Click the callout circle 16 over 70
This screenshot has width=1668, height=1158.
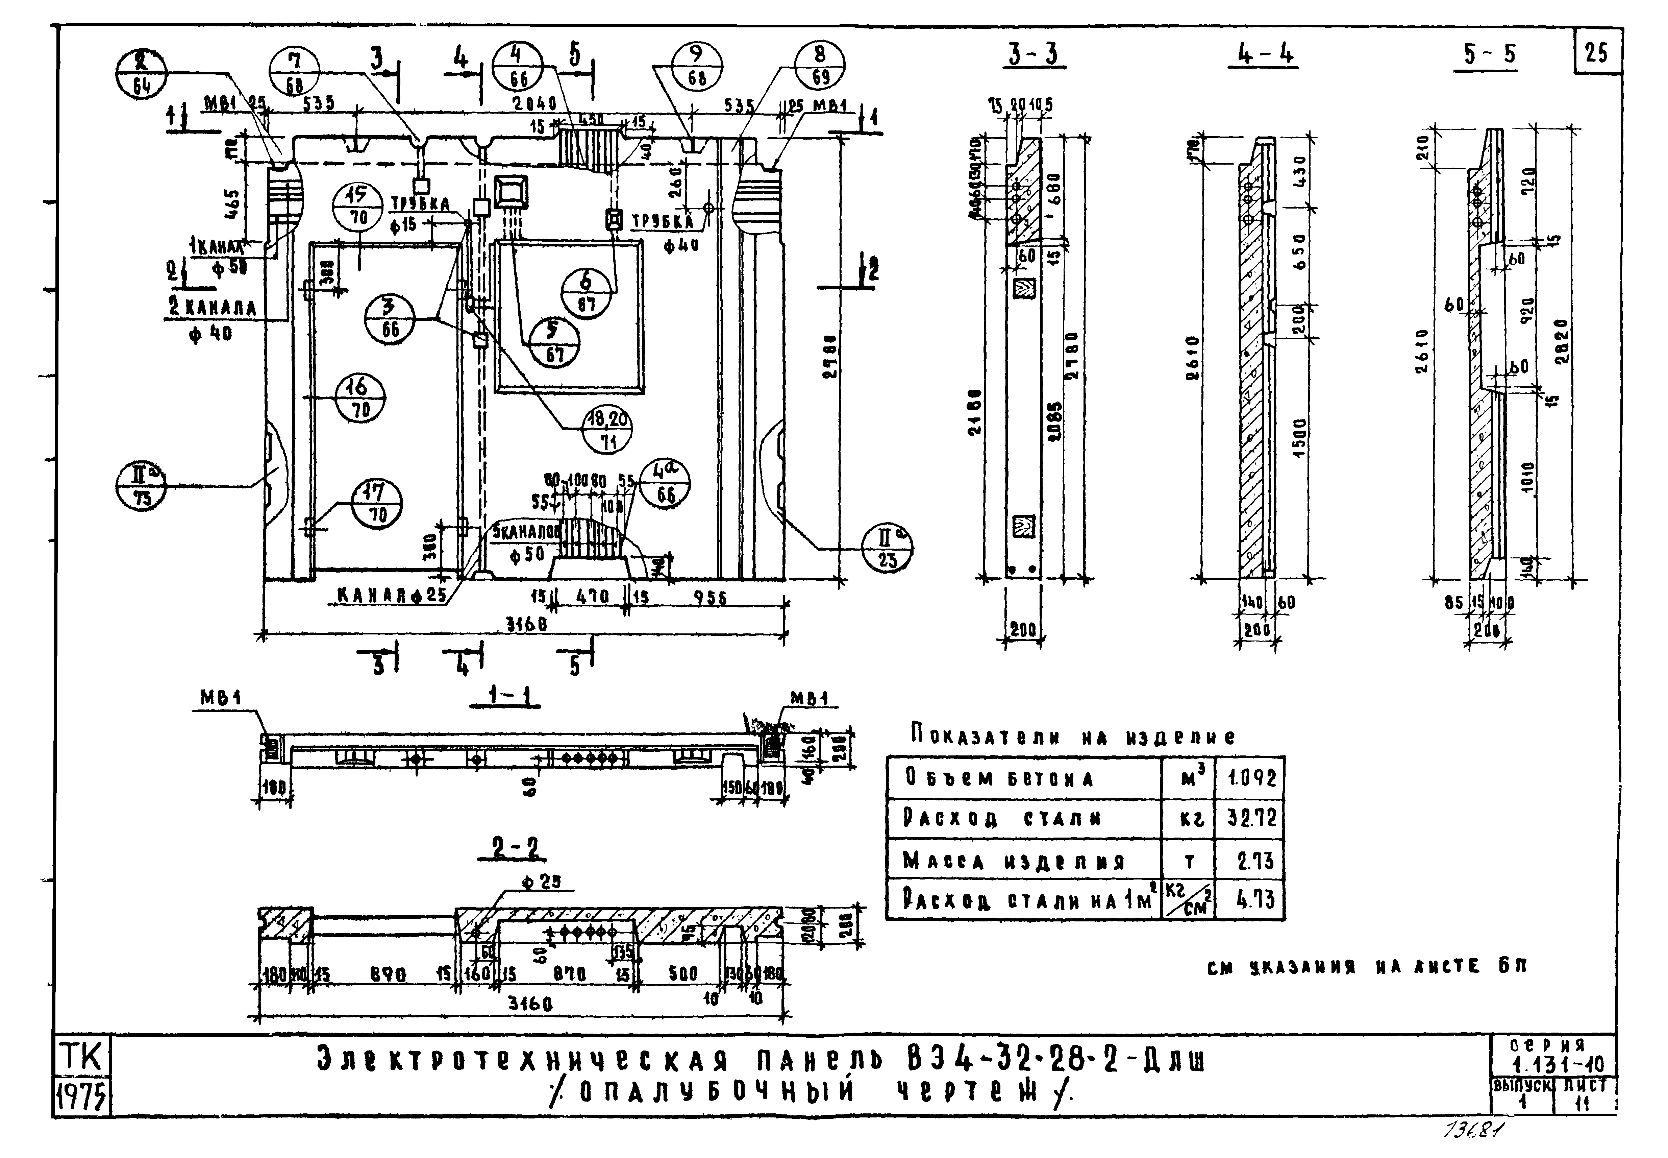[x=360, y=397]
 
